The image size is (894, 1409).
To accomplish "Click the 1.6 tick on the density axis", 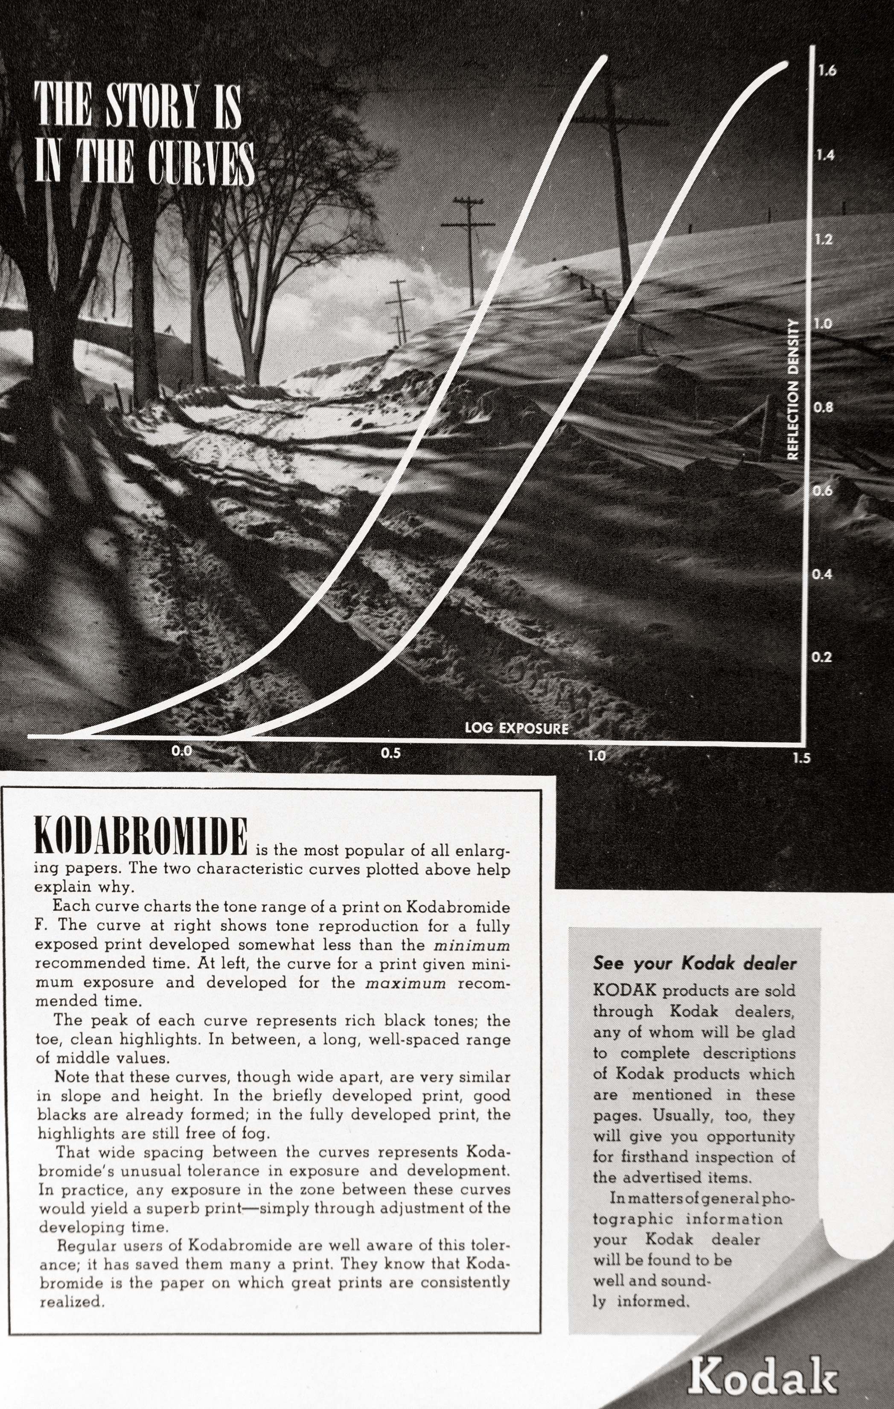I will (827, 71).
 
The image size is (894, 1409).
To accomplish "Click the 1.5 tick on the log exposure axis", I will (802, 758).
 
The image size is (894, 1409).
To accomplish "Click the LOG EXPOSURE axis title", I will (516, 728).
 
